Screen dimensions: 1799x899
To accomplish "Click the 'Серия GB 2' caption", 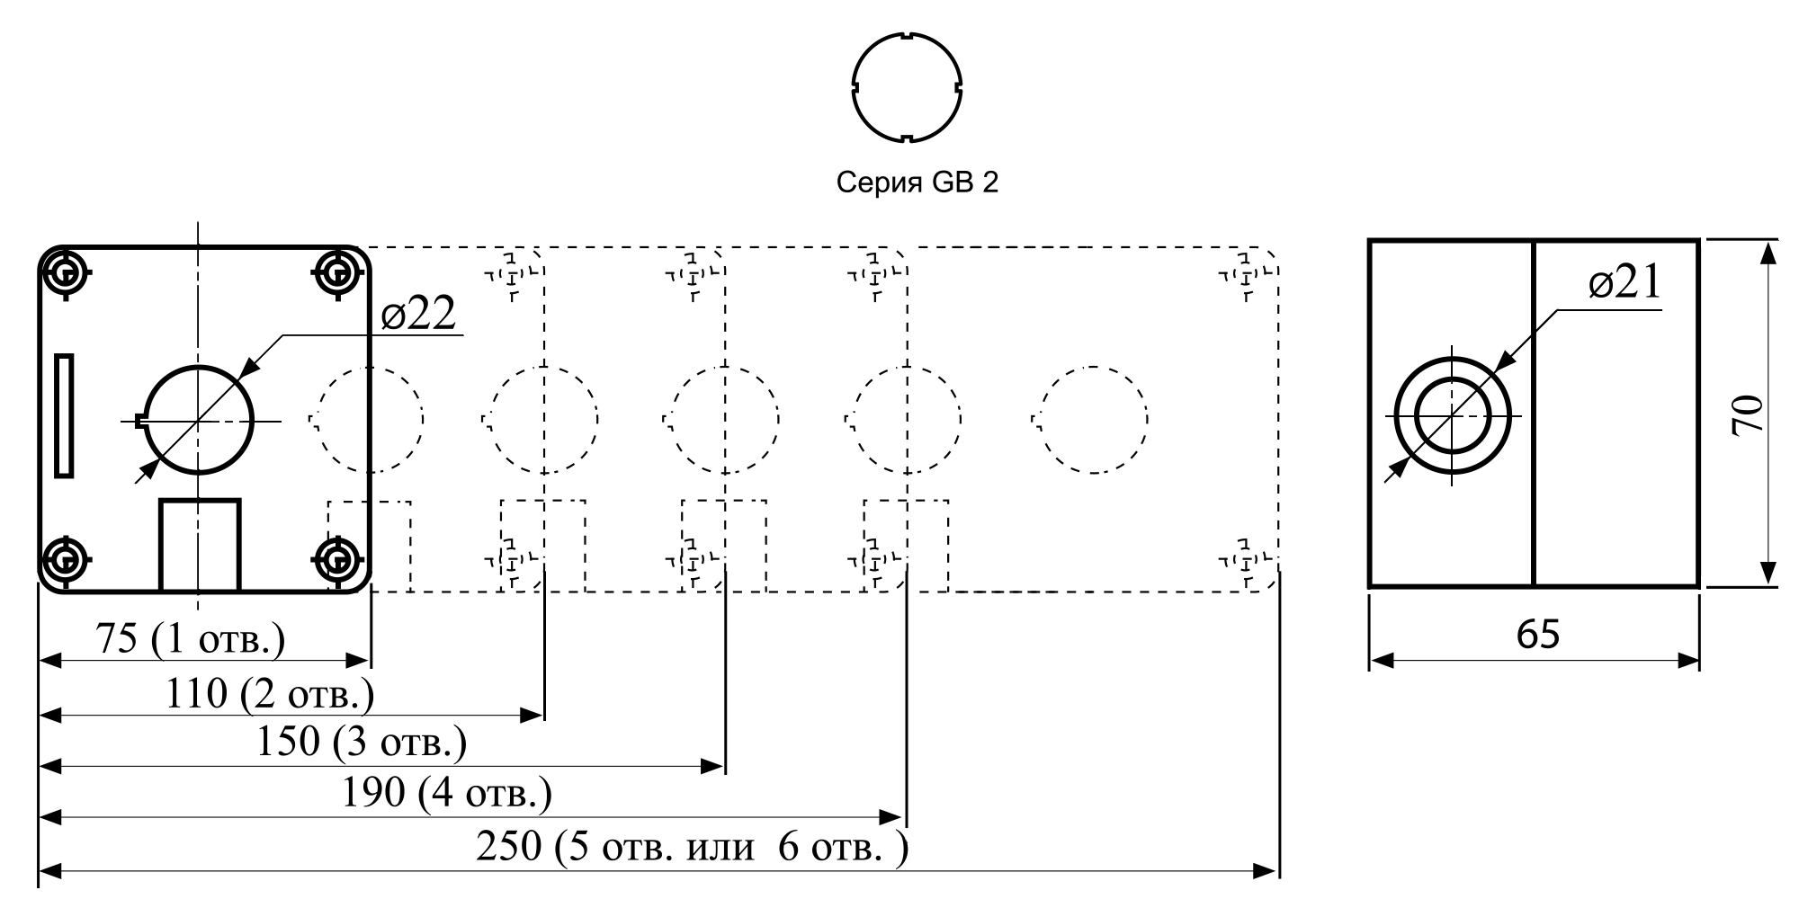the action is (917, 182).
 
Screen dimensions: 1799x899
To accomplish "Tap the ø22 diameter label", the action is (418, 314).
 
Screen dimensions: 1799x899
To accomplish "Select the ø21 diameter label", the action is (1624, 284).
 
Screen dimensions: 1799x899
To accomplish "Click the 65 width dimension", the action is (1538, 635).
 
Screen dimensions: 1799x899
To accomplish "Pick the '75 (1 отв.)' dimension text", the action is (191, 639).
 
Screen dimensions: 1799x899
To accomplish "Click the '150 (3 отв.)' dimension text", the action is (362, 743).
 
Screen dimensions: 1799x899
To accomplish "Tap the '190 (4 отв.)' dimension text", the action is (447, 793).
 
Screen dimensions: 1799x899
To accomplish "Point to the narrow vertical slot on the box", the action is (64, 414).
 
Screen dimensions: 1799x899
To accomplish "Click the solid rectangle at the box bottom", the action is (200, 545).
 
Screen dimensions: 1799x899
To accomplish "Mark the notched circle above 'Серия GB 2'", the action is (908, 88).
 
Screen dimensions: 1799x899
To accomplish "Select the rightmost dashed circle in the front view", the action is (1091, 419).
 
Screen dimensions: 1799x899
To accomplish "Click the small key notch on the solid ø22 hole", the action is (139, 419).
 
